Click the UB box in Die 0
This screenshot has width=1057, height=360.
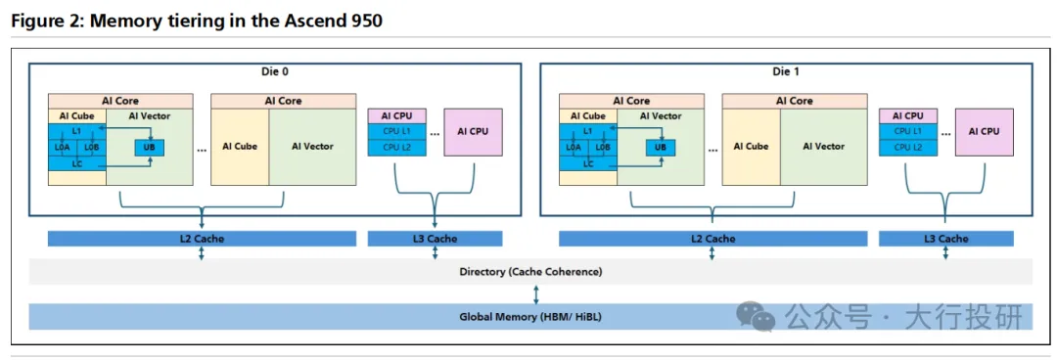click(150, 147)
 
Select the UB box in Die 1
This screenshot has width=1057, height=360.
click(661, 147)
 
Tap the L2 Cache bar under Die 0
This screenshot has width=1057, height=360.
click(202, 239)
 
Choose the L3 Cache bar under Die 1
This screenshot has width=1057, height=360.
click(945, 239)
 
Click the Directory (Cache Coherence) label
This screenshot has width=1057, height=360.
click(530, 272)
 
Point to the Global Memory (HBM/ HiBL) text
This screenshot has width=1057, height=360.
click(530, 316)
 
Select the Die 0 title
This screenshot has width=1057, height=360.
click(274, 70)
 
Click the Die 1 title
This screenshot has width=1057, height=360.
click(786, 70)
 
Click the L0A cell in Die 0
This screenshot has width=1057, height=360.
click(63, 147)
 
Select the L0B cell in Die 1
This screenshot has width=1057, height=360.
click(603, 147)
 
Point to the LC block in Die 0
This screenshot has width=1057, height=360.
click(77, 162)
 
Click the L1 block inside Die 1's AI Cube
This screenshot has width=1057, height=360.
click(588, 131)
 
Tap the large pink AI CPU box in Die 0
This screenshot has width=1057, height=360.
click(473, 132)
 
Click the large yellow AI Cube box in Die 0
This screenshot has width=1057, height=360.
click(241, 147)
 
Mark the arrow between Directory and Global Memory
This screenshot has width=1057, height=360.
click(536, 294)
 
